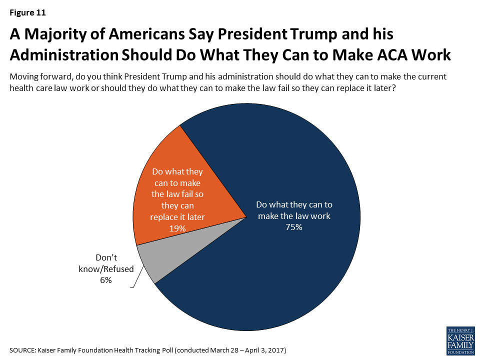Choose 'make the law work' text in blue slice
pyautogui.click(x=293, y=216)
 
